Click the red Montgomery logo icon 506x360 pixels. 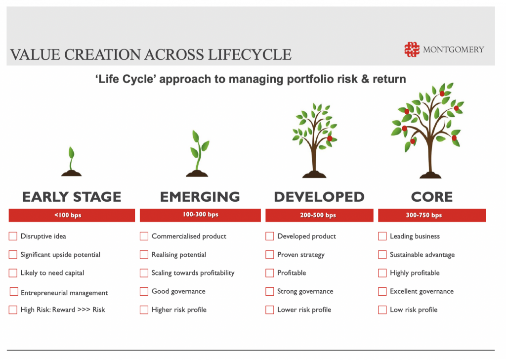[412, 49]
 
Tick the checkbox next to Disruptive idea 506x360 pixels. [13, 236]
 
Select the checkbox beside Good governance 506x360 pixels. [144, 291]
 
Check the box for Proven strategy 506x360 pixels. [269, 254]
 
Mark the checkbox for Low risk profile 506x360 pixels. [382, 310]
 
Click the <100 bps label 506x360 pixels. [68, 215]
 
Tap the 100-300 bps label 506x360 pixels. [201, 215]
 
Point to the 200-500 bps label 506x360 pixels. [318, 215]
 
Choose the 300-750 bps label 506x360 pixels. [423, 215]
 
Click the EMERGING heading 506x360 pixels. [200, 197]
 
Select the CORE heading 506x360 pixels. [432, 197]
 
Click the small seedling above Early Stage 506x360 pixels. [71, 161]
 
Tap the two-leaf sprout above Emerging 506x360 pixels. [197, 153]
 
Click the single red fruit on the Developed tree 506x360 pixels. [330, 138]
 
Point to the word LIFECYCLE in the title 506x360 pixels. [250, 54]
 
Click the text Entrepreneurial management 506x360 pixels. [64, 293]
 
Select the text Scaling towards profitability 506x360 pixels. [193, 273]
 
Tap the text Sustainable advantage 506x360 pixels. [422, 254]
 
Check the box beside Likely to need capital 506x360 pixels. [13, 273]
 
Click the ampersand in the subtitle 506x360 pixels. [365, 79]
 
